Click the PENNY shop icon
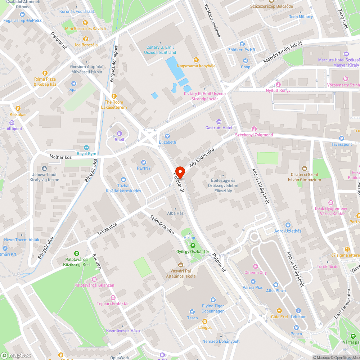(144, 162)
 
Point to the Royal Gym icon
(86, 148)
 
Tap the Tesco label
(192, 318)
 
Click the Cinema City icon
(256, 266)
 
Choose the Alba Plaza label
(276, 291)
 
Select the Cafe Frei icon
(279, 311)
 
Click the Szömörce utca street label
(162, 225)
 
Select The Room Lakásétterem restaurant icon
(114, 96)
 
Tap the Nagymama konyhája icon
(196, 59)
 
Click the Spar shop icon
(73, 84)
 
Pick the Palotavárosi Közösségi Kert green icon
(76, 253)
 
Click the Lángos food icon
(205, 321)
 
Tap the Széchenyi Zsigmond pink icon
(254, 129)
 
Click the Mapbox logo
(16, 355)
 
